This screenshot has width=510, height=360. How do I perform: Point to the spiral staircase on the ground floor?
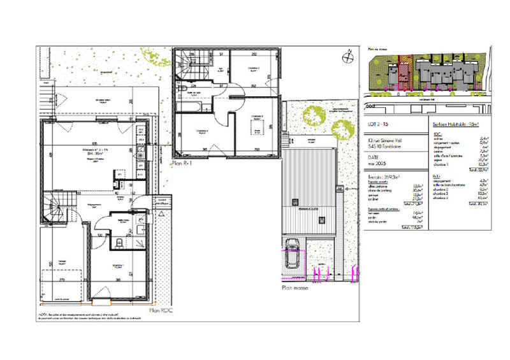click(x=55, y=210)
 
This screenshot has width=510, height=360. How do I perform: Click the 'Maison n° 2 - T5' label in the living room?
click(x=94, y=150)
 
